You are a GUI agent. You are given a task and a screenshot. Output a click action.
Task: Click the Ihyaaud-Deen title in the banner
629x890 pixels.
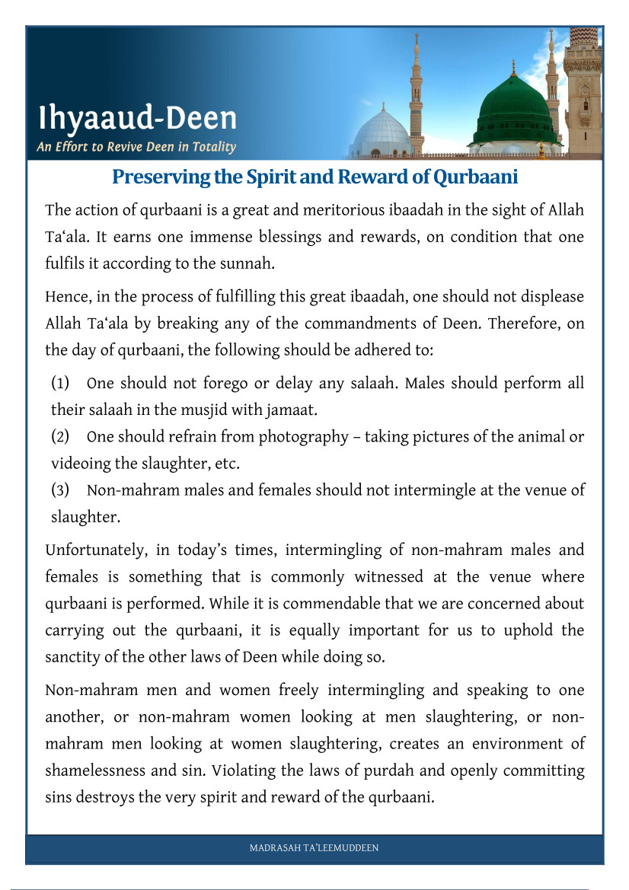[138, 119]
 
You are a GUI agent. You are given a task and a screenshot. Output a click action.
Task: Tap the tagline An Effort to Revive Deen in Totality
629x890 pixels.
[136, 147]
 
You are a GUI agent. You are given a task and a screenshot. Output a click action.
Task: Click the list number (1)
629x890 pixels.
[62, 383]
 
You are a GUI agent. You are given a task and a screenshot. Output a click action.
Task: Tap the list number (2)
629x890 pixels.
[62, 437]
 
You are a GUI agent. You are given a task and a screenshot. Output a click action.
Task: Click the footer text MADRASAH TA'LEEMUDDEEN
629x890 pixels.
[314, 848]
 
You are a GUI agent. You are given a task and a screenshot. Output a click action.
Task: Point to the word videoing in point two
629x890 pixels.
[81, 464]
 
